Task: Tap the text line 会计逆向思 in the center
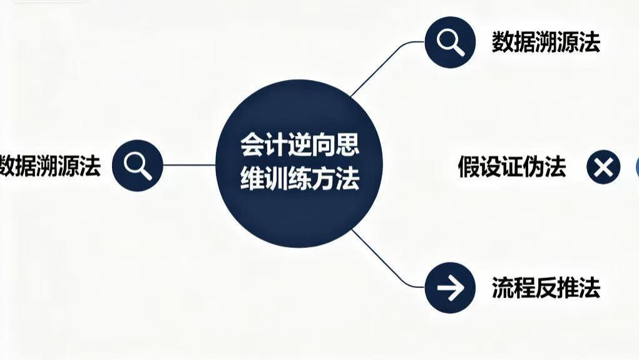(x=300, y=147)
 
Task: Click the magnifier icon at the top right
(x=450, y=42)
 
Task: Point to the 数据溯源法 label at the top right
(x=545, y=43)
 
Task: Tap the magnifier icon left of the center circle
(x=138, y=165)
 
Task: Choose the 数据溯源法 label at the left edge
(x=50, y=166)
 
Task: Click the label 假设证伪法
(x=511, y=167)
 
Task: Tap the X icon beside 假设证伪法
(x=603, y=168)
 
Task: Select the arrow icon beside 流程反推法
(x=450, y=288)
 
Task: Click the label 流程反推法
(x=545, y=288)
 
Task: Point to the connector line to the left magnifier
(x=188, y=165)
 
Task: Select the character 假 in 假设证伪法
(x=469, y=167)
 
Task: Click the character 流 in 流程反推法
(x=502, y=288)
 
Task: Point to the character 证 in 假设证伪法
(x=511, y=167)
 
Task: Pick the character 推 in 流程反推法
(x=566, y=288)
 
